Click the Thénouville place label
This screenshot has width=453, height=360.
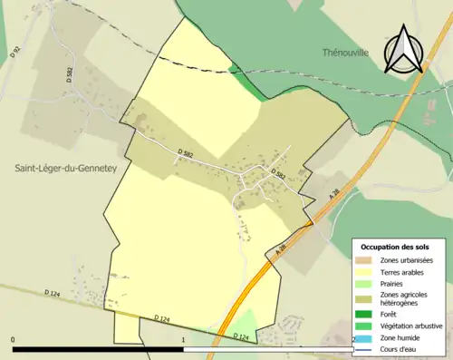[x=344, y=54]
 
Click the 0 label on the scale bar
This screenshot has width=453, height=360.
[x=14, y=340]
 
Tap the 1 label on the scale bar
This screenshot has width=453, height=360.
[x=183, y=340]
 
